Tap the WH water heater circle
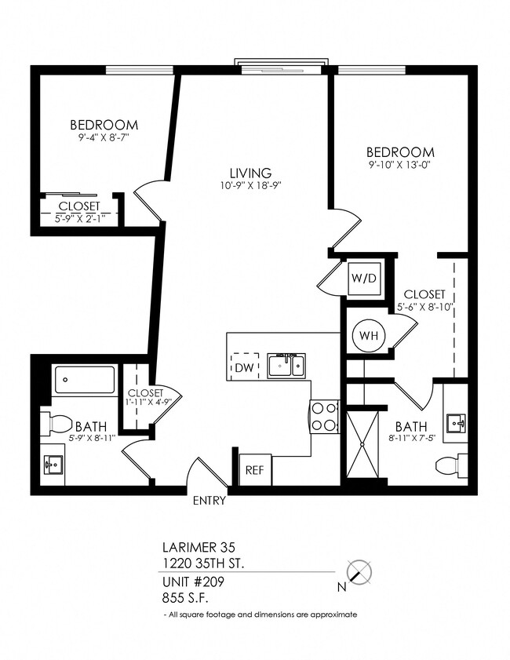(366, 336)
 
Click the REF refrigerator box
(254, 471)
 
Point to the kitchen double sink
(286, 366)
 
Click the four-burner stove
(325, 416)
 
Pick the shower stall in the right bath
(362, 443)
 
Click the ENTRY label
(209, 500)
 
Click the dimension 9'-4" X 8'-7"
(104, 137)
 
